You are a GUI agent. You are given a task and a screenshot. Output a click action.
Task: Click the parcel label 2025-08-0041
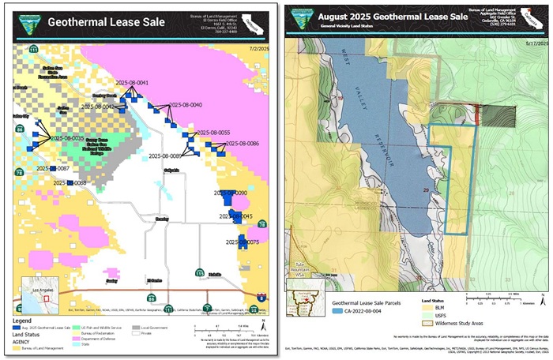[132, 83]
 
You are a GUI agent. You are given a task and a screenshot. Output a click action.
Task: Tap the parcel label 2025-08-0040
[186, 105]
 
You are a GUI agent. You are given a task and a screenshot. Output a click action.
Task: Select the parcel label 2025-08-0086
[243, 144]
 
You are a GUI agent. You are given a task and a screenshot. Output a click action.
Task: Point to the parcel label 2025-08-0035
[66, 138]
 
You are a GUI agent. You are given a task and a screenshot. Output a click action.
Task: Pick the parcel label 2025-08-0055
[213, 133]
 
